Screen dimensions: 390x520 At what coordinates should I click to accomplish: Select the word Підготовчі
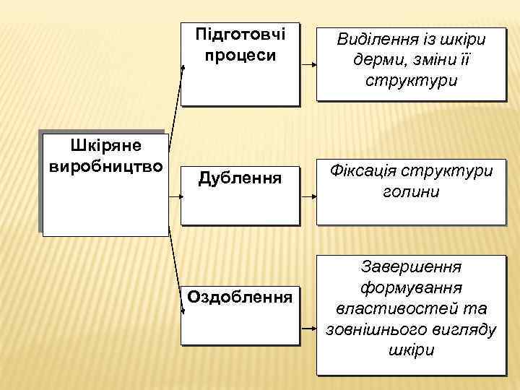[x=240, y=35]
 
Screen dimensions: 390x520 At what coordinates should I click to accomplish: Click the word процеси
[x=240, y=56]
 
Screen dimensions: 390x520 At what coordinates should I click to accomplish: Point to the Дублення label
[x=240, y=175]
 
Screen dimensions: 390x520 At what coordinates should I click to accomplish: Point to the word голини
[x=411, y=192]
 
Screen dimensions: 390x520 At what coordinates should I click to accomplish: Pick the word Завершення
[x=411, y=267]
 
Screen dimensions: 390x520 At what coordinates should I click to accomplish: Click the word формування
[x=411, y=288]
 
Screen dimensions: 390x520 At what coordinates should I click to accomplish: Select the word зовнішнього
[x=382, y=329]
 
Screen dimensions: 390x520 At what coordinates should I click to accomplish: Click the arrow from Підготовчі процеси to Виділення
[x=308, y=65]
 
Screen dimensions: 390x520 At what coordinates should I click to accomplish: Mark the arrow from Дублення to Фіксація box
[x=308, y=196]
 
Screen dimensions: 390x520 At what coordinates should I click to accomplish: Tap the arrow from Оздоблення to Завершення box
[x=308, y=328]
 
